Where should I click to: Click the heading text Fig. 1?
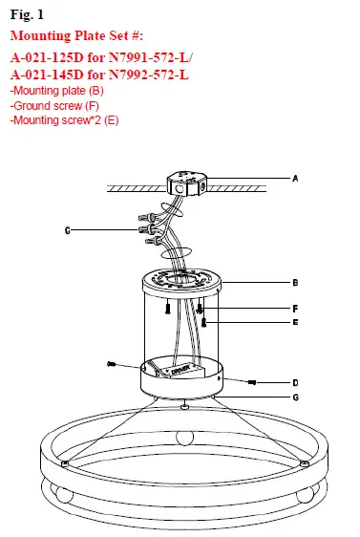[27, 16]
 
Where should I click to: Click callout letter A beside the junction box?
[296, 178]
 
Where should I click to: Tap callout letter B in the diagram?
[296, 283]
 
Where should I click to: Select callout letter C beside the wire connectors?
[66, 230]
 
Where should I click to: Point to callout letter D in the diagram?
[296, 382]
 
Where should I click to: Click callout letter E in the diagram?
[296, 324]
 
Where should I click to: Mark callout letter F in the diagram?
[296, 309]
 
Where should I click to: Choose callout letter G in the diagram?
[296, 397]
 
